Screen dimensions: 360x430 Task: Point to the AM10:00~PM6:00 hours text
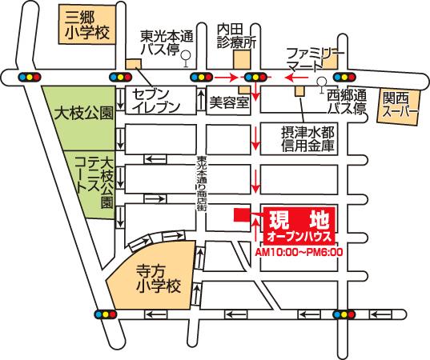pyautogui.click(x=298, y=251)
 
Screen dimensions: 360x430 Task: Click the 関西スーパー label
pyautogui.click(x=400, y=105)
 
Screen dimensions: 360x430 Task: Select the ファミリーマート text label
pyautogui.click(x=315, y=58)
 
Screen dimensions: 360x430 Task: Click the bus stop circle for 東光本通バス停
pyautogui.click(x=185, y=56)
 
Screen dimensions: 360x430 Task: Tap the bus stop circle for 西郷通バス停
pyautogui.click(x=321, y=82)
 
